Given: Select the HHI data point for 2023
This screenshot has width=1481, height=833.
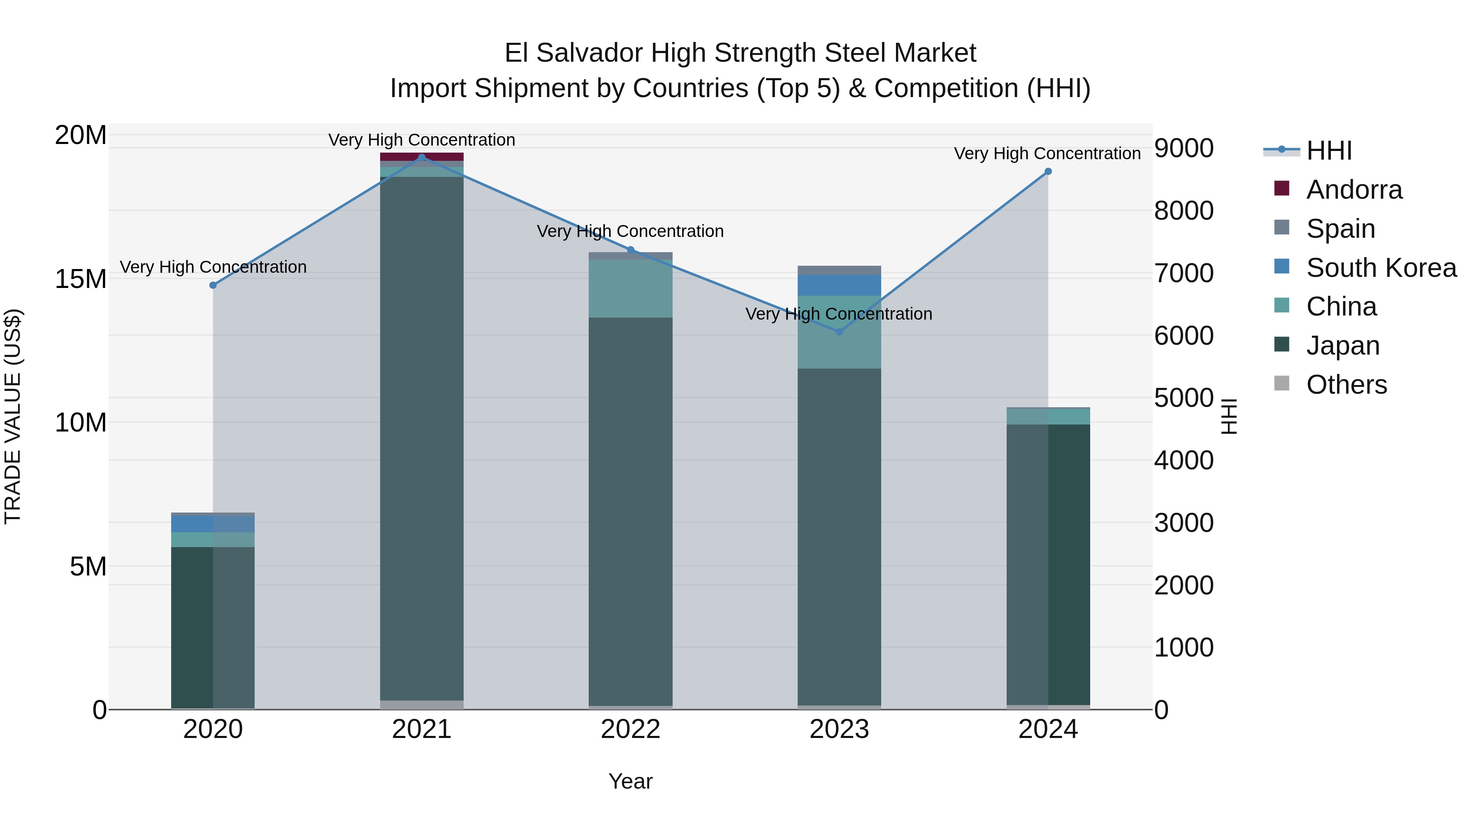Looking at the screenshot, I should (839, 332).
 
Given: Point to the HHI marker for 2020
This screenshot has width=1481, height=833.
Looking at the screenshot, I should (213, 285).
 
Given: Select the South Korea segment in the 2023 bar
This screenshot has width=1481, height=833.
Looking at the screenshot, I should (839, 285).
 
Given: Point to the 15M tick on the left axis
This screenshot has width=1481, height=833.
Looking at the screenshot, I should (81, 279).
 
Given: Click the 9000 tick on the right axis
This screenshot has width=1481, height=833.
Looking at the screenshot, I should (1183, 149).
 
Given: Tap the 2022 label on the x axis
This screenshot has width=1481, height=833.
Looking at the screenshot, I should (630, 729).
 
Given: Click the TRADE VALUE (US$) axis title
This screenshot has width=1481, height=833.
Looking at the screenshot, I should (13, 416).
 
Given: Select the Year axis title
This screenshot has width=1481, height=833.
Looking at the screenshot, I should (630, 781).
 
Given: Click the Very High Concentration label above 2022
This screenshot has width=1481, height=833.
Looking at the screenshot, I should (630, 231).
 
